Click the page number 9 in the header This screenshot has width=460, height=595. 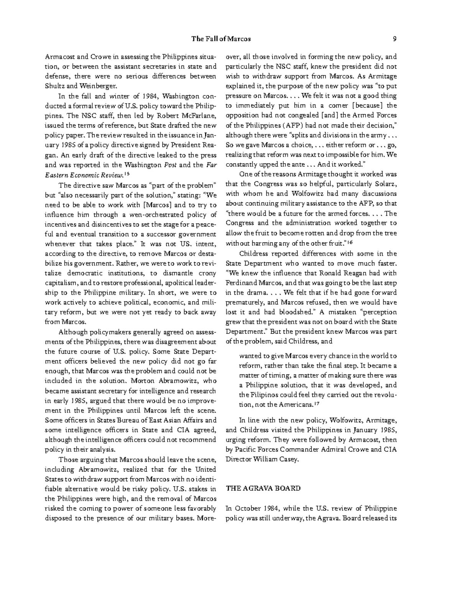[394, 39]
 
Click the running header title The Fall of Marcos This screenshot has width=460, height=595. [221, 39]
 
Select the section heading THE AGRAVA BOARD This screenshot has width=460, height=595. [263, 488]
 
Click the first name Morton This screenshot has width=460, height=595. [142, 381]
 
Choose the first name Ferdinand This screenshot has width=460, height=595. [241, 283]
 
